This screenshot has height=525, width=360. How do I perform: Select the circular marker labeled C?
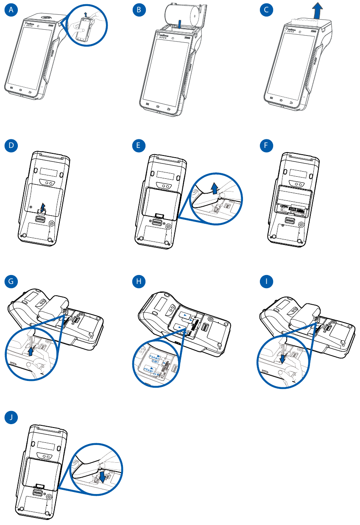point(267,11)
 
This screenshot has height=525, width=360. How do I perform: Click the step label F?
point(267,146)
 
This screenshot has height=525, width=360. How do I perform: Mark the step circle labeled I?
point(267,281)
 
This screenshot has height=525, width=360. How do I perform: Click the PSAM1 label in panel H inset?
point(151,371)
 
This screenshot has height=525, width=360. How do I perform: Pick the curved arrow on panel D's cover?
point(42,207)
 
